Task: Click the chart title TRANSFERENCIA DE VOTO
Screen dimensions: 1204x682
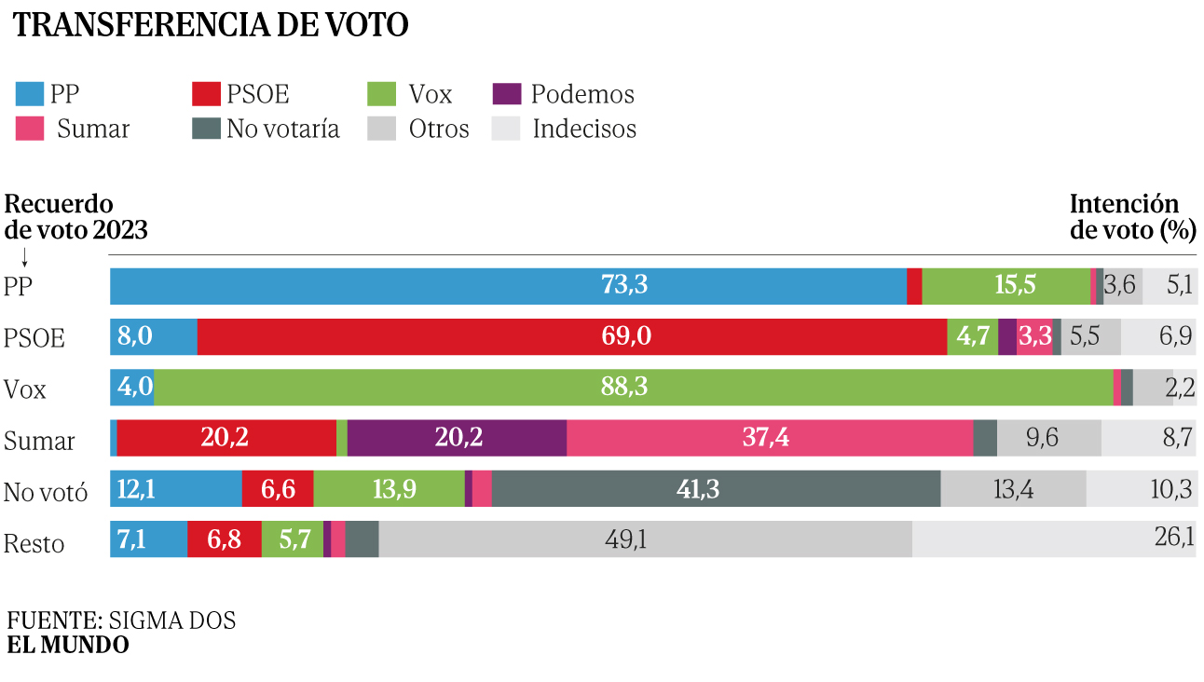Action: click(211, 25)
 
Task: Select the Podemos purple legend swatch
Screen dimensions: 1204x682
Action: click(507, 94)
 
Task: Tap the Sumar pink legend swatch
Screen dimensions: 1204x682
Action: click(30, 129)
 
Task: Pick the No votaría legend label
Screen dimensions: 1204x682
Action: click(282, 129)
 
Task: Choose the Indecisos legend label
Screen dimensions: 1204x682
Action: click(584, 129)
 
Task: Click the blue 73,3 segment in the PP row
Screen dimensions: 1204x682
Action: click(509, 286)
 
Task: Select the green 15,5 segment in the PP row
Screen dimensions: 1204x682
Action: click(1006, 286)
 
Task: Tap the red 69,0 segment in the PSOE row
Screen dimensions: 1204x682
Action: click(572, 336)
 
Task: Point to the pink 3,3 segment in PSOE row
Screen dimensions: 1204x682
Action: click(1034, 336)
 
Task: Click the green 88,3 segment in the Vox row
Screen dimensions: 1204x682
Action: click(633, 387)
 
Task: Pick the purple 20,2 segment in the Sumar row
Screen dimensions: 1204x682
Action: click(457, 438)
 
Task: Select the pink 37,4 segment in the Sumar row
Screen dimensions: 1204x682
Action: click(770, 438)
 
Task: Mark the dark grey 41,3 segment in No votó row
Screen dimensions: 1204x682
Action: click(716, 488)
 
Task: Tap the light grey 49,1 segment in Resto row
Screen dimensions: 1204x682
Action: click(645, 539)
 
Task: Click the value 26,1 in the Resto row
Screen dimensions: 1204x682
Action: click(1174, 537)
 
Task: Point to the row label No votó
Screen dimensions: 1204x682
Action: click(45, 492)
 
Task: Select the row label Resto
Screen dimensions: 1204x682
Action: click(34, 544)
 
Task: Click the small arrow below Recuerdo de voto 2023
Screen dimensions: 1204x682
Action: click(24, 257)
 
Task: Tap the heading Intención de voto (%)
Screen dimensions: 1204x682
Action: click(1133, 217)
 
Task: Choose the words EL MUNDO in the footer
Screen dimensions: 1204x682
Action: click(68, 645)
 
